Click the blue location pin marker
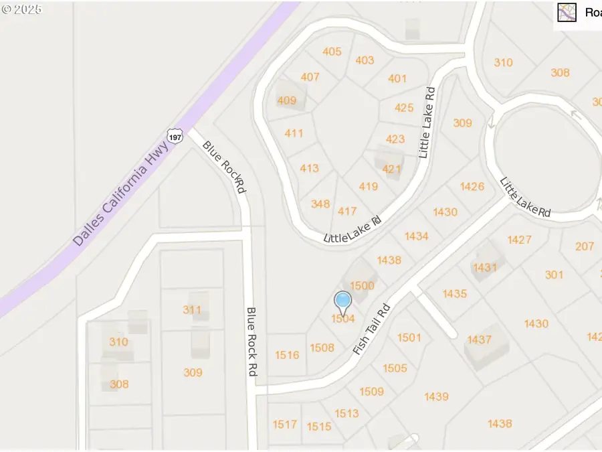click(343, 301)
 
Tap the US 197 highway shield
click(175, 136)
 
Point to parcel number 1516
click(287, 355)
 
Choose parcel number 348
click(320, 204)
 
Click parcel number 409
click(286, 100)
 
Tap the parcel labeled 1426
click(472, 186)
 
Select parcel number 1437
click(479, 340)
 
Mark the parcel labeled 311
click(192, 309)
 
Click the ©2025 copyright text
click(21, 10)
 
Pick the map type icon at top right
click(567, 12)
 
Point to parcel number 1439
click(435, 396)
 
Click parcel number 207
click(584, 246)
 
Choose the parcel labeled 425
click(404, 107)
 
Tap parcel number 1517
click(284, 424)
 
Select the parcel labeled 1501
click(409, 337)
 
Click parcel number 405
click(332, 52)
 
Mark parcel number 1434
click(416, 236)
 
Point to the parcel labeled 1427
click(519, 240)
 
